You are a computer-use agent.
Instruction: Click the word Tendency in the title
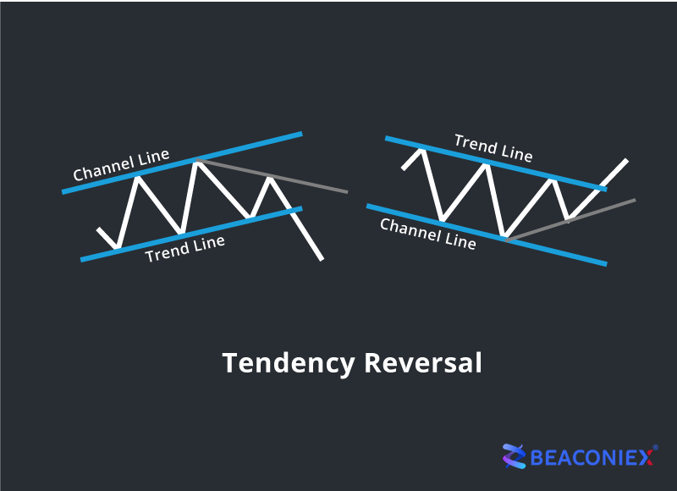pyautogui.click(x=289, y=364)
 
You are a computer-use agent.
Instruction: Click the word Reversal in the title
pyautogui.click(x=423, y=362)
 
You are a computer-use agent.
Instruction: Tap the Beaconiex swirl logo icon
pyautogui.click(x=514, y=456)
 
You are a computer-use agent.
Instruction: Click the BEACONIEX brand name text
pyautogui.click(x=592, y=457)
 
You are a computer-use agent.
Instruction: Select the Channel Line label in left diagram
pyautogui.click(x=121, y=165)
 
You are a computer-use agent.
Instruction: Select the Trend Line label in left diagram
pyautogui.click(x=184, y=249)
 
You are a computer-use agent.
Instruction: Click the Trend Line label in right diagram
pyautogui.click(x=493, y=148)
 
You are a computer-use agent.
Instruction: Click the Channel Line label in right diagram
pyautogui.click(x=428, y=234)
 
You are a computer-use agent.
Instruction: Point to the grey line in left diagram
pyautogui.click(x=272, y=176)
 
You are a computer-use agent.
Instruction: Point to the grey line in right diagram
pyautogui.click(x=570, y=220)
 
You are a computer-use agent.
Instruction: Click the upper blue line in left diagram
pyautogui.click(x=182, y=163)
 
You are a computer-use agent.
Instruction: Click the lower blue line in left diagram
pyautogui.click(x=191, y=234)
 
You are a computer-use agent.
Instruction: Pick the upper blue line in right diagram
pyautogui.click(x=496, y=163)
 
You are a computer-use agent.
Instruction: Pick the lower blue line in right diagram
pyautogui.click(x=487, y=235)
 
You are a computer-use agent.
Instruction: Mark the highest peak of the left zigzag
pyautogui.click(x=197, y=162)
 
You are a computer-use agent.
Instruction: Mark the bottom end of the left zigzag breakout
pyautogui.click(x=322, y=260)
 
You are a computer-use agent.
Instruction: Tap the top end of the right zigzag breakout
pyautogui.click(x=627, y=160)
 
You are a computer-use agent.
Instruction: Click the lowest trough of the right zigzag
pyautogui.click(x=504, y=235)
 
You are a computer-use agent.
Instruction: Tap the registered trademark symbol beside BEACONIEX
pyautogui.click(x=655, y=448)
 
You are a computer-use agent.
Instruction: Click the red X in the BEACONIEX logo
pyautogui.click(x=646, y=457)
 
